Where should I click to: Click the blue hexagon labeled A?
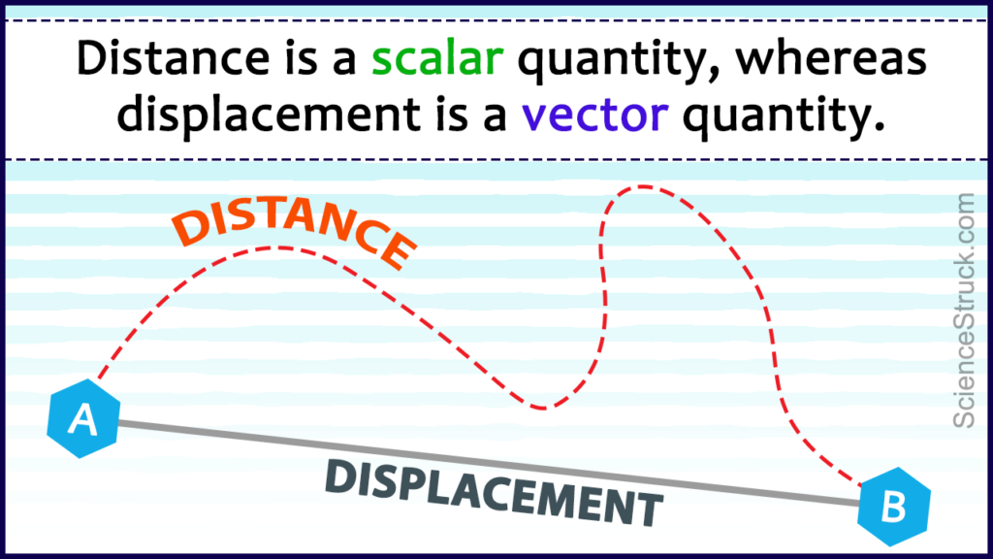point(82,419)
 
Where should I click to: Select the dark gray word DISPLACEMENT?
point(495,489)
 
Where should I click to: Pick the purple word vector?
point(594,115)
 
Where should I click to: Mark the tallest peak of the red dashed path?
point(642,187)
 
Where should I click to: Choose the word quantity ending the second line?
point(785,115)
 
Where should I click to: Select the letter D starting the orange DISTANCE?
point(190,229)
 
